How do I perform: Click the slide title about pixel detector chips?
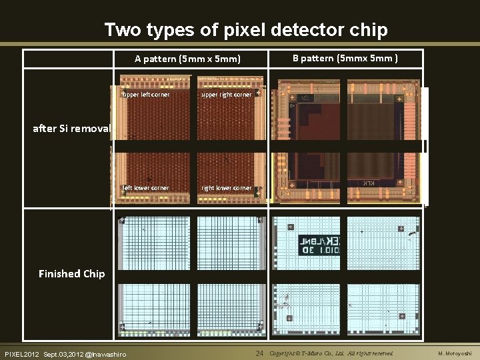(x=246, y=30)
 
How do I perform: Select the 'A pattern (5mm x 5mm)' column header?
(x=187, y=59)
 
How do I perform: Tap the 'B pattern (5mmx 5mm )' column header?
(x=345, y=58)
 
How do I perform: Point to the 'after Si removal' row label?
(x=71, y=128)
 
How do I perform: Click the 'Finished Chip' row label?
(x=71, y=273)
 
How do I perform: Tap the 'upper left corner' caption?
(x=146, y=95)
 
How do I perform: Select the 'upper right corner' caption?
(x=227, y=95)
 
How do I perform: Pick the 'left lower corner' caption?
(x=146, y=188)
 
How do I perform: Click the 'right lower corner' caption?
(x=227, y=188)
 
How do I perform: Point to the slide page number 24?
(x=261, y=353)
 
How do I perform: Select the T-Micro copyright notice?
(x=331, y=353)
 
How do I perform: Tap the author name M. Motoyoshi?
(x=455, y=353)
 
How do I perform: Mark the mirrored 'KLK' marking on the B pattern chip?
(x=369, y=183)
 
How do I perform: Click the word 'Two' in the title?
(x=122, y=30)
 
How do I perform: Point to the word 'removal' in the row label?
(x=93, y=128)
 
